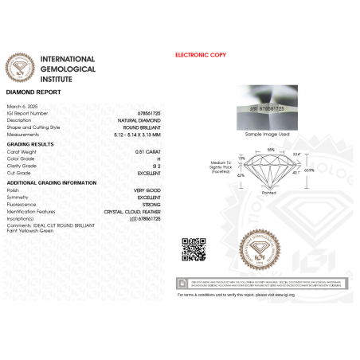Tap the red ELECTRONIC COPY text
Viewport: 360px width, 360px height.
point(200,55)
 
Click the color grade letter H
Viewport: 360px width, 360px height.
point(159,158)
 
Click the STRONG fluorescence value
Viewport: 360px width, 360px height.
point(151,205)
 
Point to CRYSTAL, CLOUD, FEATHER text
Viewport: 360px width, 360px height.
point(132,211)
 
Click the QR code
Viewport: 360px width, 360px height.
point(194,249)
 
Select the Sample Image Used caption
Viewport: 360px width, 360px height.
point(264,135)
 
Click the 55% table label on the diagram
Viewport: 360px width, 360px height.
point(270,150)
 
